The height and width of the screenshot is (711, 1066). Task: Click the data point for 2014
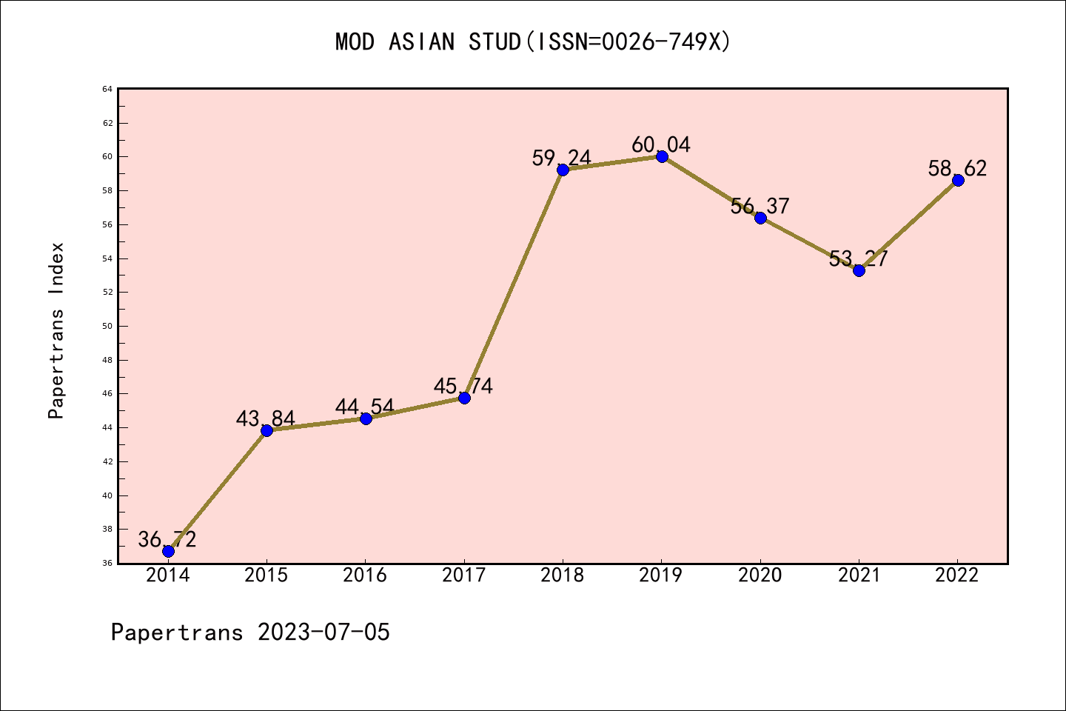click(x=168, y=551)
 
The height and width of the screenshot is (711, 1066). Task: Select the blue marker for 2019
click(x=662, y=156)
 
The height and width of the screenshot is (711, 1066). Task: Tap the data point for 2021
click(x=859, y=270)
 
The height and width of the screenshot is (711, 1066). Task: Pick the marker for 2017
click(x=464, y=398)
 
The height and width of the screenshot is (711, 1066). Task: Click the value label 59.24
click(x=561, y=158)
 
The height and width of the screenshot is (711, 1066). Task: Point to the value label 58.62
click(x=957, y=169)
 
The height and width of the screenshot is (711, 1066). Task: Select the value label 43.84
click(x=265, y=419)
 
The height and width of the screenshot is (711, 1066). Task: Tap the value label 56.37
click(x=760, y=206)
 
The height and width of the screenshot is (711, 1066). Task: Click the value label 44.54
click(x=364, y=407)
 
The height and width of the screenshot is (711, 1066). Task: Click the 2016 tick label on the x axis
click(x=365, y=575)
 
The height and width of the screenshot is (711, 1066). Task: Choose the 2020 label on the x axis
click(x=760, y=575)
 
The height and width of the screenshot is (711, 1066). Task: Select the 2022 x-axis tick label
click(x=957, y=575)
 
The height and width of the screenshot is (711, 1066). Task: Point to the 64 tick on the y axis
click(x=107, y=90)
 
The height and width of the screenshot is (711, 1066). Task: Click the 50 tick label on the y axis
click(x=107, y=326)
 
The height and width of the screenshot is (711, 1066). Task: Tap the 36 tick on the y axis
click(x=107, y=563)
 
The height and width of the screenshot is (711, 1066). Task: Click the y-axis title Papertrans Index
click(x=56, y=330)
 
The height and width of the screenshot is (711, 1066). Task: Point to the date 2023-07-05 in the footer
click(x=324, y=632)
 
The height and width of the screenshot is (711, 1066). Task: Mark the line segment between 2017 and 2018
click(x=514, y=284)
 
